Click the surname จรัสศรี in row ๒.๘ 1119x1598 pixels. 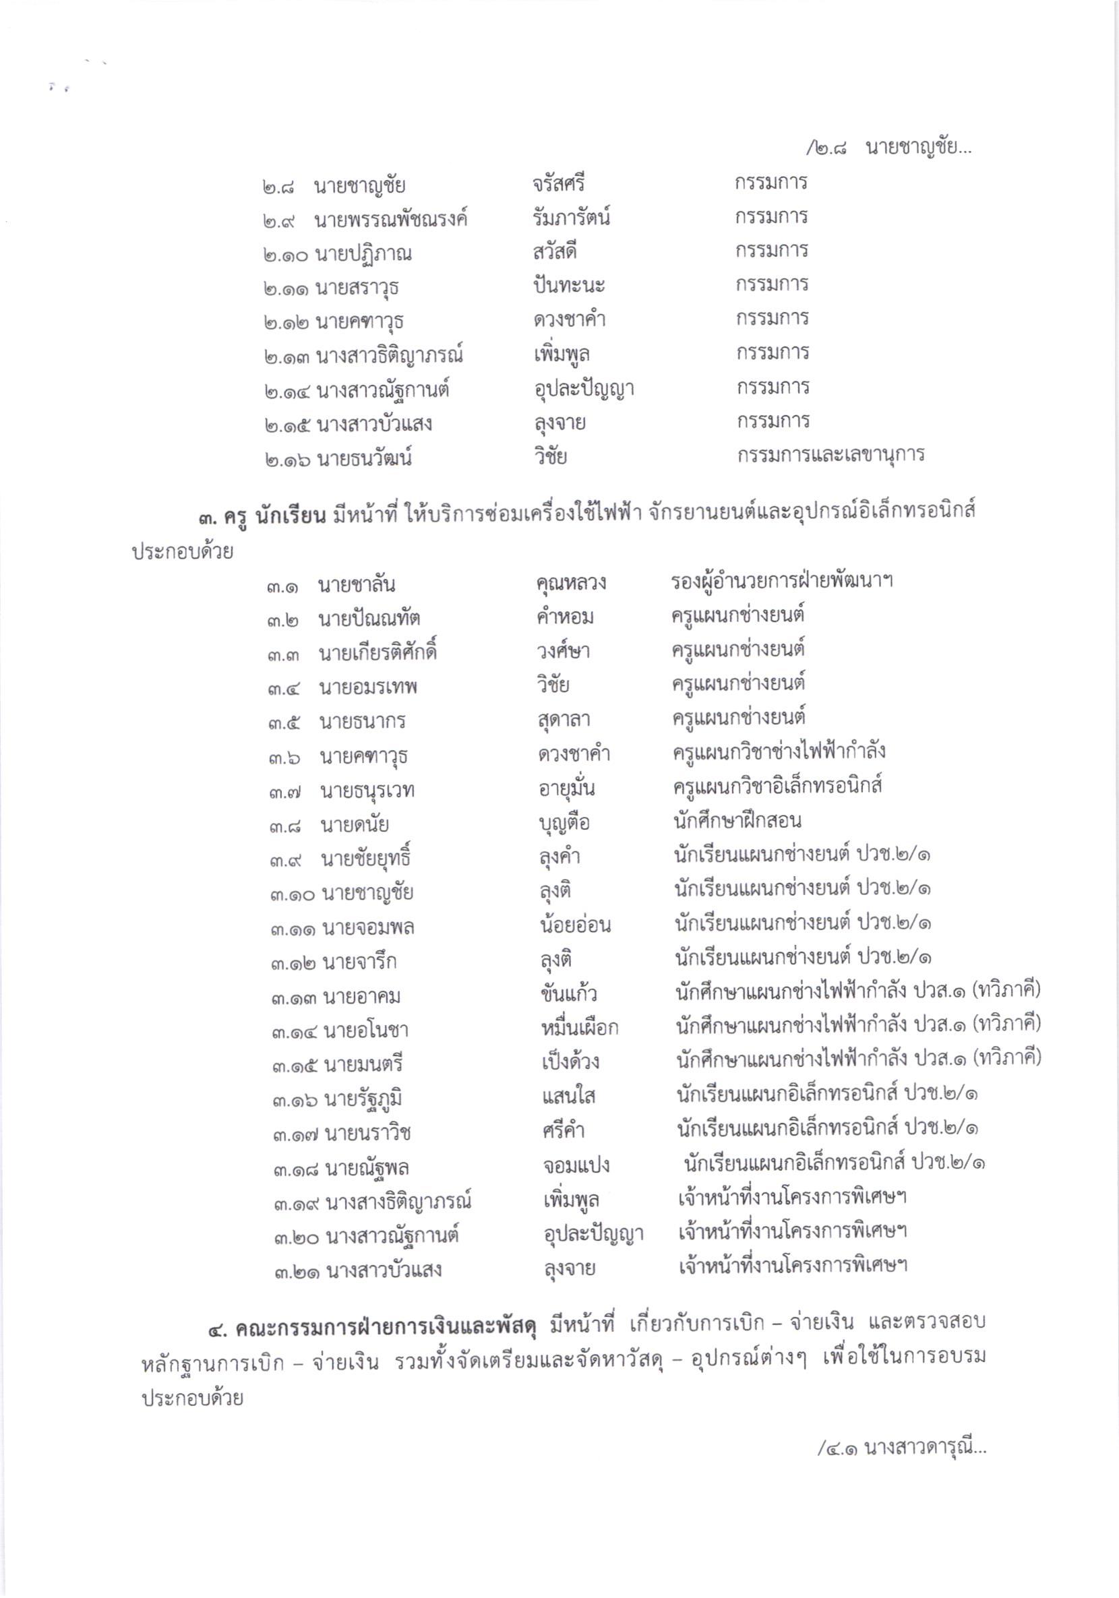coord(558,184)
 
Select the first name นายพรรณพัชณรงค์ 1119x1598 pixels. coord(391,220)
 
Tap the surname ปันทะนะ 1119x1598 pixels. coord(569,285)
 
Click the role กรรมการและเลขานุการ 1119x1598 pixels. coord(830,455)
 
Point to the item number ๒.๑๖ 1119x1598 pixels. coord(287,460)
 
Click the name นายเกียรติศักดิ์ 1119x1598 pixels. coord(378,654)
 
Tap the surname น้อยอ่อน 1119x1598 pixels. coord(575,925)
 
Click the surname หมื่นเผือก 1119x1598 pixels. coord(579,1027)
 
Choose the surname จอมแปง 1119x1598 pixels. coord(576,1165)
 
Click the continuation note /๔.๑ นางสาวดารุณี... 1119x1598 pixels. coord(902,1448)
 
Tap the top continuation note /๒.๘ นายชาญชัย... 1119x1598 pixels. coord(888,148)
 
